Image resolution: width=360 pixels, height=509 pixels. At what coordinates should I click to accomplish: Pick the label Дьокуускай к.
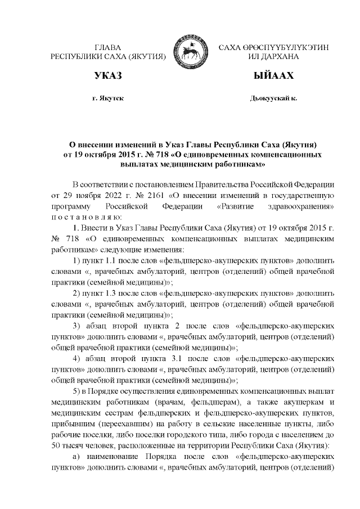pyautogui.click(x=273, y=98)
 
